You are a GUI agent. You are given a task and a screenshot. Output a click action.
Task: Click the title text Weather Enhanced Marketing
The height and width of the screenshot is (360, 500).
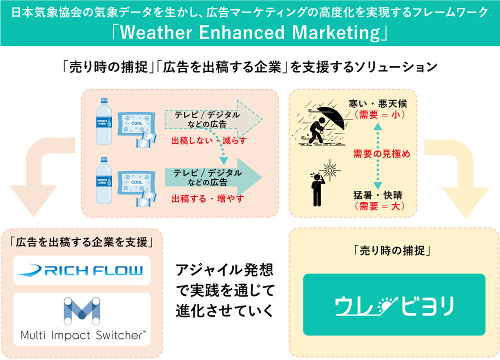tap(250, 32)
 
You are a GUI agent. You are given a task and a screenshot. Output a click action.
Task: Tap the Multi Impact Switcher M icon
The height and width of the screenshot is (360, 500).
tap(81, 310)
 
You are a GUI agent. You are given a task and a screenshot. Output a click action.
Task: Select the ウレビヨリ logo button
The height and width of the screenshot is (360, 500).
tap(394, 304)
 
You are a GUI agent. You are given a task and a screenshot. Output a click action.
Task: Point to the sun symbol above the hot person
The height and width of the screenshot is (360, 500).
tap(330, 169)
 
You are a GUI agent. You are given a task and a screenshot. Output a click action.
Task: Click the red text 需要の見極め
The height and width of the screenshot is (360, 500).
tap(381, 153)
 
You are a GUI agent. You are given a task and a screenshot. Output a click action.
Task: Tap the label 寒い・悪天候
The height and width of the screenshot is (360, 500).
tap(377, 103)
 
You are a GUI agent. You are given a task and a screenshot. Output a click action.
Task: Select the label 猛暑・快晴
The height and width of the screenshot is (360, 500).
tap(378, 195)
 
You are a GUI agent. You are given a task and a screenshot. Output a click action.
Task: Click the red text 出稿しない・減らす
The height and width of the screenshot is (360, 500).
tap(209, 140)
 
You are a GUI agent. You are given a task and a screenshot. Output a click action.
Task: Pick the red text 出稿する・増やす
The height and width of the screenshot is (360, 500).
tap(208, 198)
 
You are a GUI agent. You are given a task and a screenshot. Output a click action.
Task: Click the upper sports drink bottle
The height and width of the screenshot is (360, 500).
tap(104, 121)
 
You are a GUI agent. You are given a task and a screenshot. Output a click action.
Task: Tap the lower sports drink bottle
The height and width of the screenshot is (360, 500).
tap(104, 180)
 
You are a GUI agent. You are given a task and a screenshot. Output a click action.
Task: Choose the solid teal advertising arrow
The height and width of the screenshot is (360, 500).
tap(213, 177)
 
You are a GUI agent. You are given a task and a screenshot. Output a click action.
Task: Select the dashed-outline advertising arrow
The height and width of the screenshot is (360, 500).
tap(213, 119)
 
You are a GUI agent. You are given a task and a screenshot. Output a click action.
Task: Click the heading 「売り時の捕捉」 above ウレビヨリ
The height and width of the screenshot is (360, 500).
tap(392, 250)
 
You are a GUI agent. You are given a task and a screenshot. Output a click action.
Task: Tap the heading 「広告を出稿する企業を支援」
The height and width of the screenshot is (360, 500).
tap(81, 242)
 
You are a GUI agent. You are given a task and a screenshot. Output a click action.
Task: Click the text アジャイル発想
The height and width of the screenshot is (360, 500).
tap(224, 270)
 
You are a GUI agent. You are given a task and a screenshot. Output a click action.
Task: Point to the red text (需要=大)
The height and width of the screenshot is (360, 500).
tap(379, 206)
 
